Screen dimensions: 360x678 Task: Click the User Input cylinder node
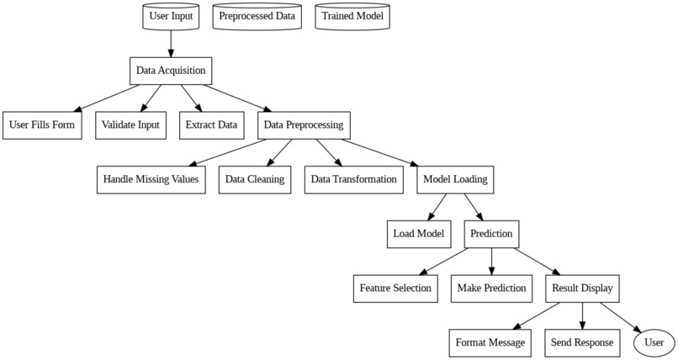coord(171,16)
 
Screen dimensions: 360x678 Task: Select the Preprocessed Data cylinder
coord(257,16)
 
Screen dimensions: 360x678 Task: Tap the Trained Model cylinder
coord(352,16)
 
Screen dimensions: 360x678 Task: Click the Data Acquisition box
coord(171,71)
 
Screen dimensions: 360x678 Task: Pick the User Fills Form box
coord(42,125)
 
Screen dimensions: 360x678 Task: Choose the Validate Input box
coord(130,125)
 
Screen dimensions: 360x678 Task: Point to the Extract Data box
coord(211,125)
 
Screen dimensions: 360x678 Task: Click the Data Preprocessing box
coord(304,125)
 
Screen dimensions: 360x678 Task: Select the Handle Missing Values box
coord(151,179)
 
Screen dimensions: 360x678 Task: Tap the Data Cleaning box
coord(255,179)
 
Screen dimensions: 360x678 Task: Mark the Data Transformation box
coord(353,179)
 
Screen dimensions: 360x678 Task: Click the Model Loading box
coord(455,179)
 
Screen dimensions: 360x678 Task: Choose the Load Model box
coord(418,234)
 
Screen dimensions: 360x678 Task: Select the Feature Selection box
coord(395,289)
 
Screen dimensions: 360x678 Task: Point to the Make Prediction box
coord(492,289)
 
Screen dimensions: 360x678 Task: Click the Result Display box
coord(583,289)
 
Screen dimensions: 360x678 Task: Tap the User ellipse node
coord(654,343)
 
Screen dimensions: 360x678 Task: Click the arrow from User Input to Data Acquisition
coord(171,43)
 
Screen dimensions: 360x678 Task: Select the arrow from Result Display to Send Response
coord(583,315)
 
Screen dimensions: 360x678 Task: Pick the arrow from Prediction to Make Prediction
coord(492,261)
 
